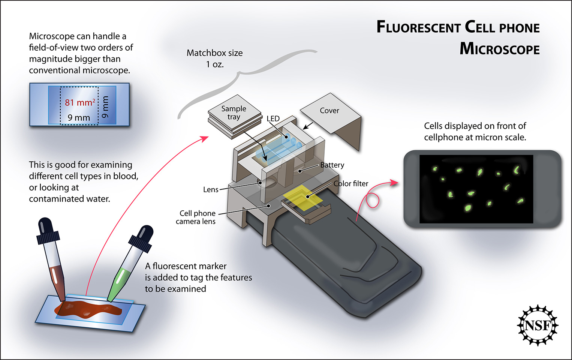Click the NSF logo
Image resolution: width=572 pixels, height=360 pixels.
(538, 325)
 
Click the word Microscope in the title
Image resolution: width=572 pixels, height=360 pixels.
(499, 49)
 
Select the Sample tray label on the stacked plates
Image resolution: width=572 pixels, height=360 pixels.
(234, 112)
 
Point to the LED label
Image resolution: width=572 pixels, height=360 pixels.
(273, 118)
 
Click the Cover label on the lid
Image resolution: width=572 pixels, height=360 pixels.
(329, 111)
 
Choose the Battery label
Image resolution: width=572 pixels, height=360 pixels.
(332, 165)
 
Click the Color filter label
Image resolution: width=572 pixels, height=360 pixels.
(351, 183)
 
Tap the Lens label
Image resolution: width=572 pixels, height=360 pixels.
(211, 189)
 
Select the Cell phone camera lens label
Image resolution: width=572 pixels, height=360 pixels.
(196, 217)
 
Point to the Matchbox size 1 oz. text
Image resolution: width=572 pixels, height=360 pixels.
(214, 58)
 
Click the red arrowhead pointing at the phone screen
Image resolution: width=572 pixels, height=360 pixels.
(394, 183)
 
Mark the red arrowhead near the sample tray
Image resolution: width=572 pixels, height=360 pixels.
(205, 138)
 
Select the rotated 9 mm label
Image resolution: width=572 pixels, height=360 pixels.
(105, 107)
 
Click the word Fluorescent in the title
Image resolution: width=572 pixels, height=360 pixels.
(418, 27)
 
